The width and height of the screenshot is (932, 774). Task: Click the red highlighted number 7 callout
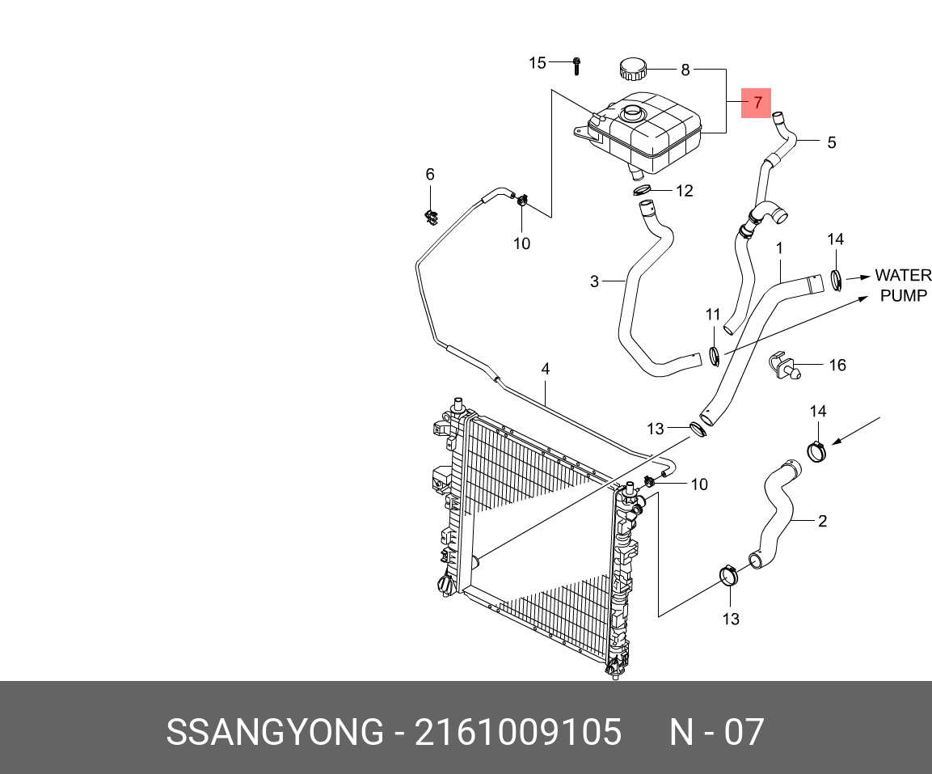pos(757,103)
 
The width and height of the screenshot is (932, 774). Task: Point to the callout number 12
pos(684,191)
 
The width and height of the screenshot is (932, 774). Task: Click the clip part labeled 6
pos(430,215)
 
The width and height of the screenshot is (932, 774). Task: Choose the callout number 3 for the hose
pos(594,281)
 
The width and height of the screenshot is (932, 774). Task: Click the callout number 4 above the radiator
pos(546,369)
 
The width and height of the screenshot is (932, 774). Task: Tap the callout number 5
pos(831,143)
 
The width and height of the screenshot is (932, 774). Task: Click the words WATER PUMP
pos(903,285)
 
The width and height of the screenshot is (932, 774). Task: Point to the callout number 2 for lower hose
pos(822,521)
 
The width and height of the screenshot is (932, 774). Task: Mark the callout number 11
pos(712,314)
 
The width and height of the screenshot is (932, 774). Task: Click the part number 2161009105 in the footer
pos(518,732)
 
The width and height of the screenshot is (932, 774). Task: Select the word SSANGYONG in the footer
pos(274,732)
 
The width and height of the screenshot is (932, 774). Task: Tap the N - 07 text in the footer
pos(716,732)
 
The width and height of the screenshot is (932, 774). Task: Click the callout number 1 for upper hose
pos(780,247)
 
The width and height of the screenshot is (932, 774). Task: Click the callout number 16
pos(837,366)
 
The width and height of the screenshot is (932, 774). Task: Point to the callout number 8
pos(685,70)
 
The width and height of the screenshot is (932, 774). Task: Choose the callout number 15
pos(538,63)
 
